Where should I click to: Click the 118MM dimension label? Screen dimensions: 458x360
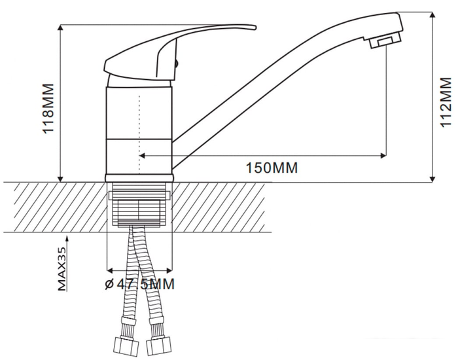click(48, 109)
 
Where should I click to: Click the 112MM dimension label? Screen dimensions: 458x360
click(446, 101)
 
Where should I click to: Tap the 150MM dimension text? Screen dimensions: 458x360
click(272, 168)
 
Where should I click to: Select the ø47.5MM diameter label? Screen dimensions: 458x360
click(139, 284)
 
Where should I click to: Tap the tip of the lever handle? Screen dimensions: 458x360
click(255, 27)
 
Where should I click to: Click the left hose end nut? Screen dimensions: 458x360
click(126, 346)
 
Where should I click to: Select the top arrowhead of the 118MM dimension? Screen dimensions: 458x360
click(60, 27)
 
